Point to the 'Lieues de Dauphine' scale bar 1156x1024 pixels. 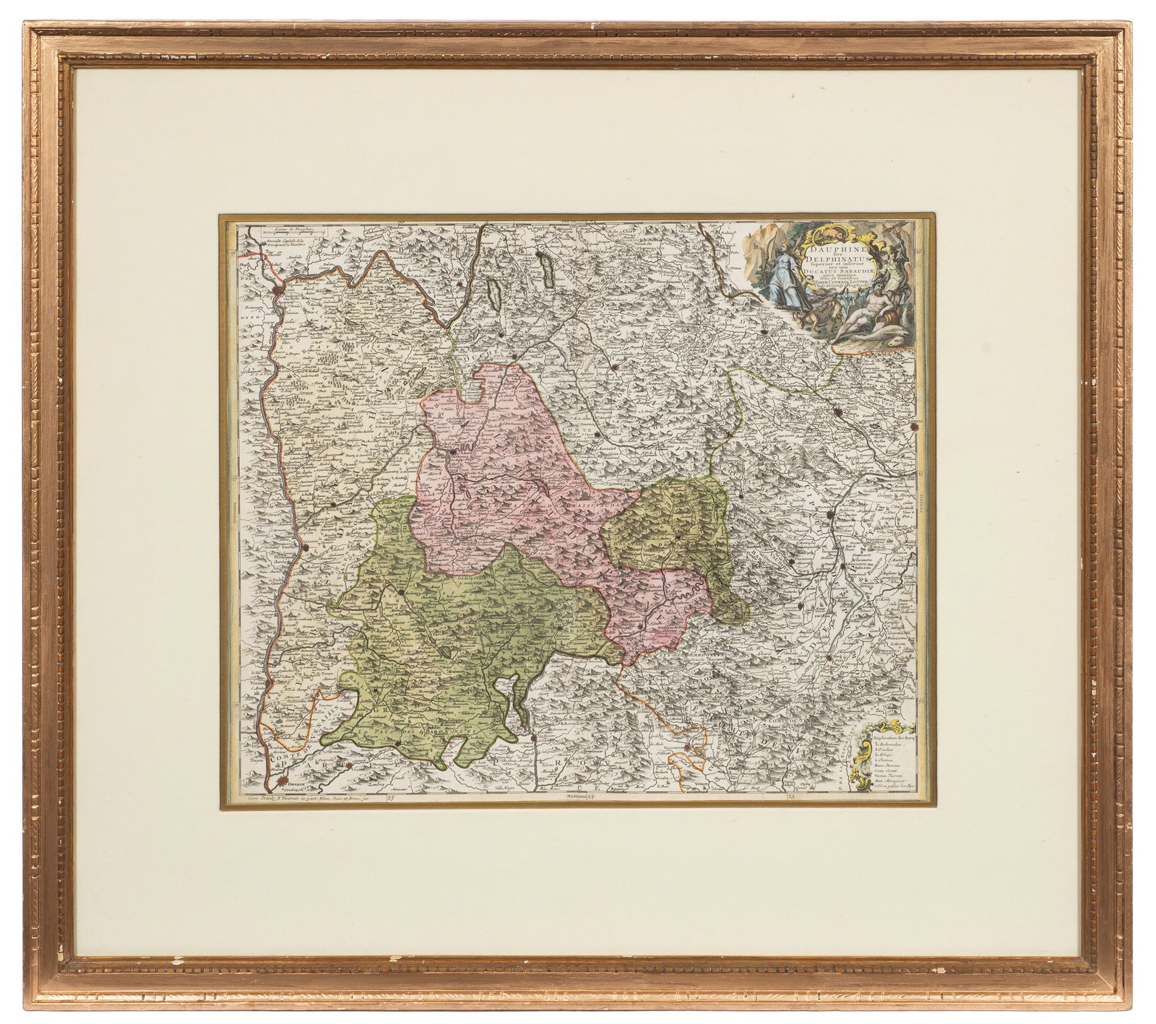tap(272, 232)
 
